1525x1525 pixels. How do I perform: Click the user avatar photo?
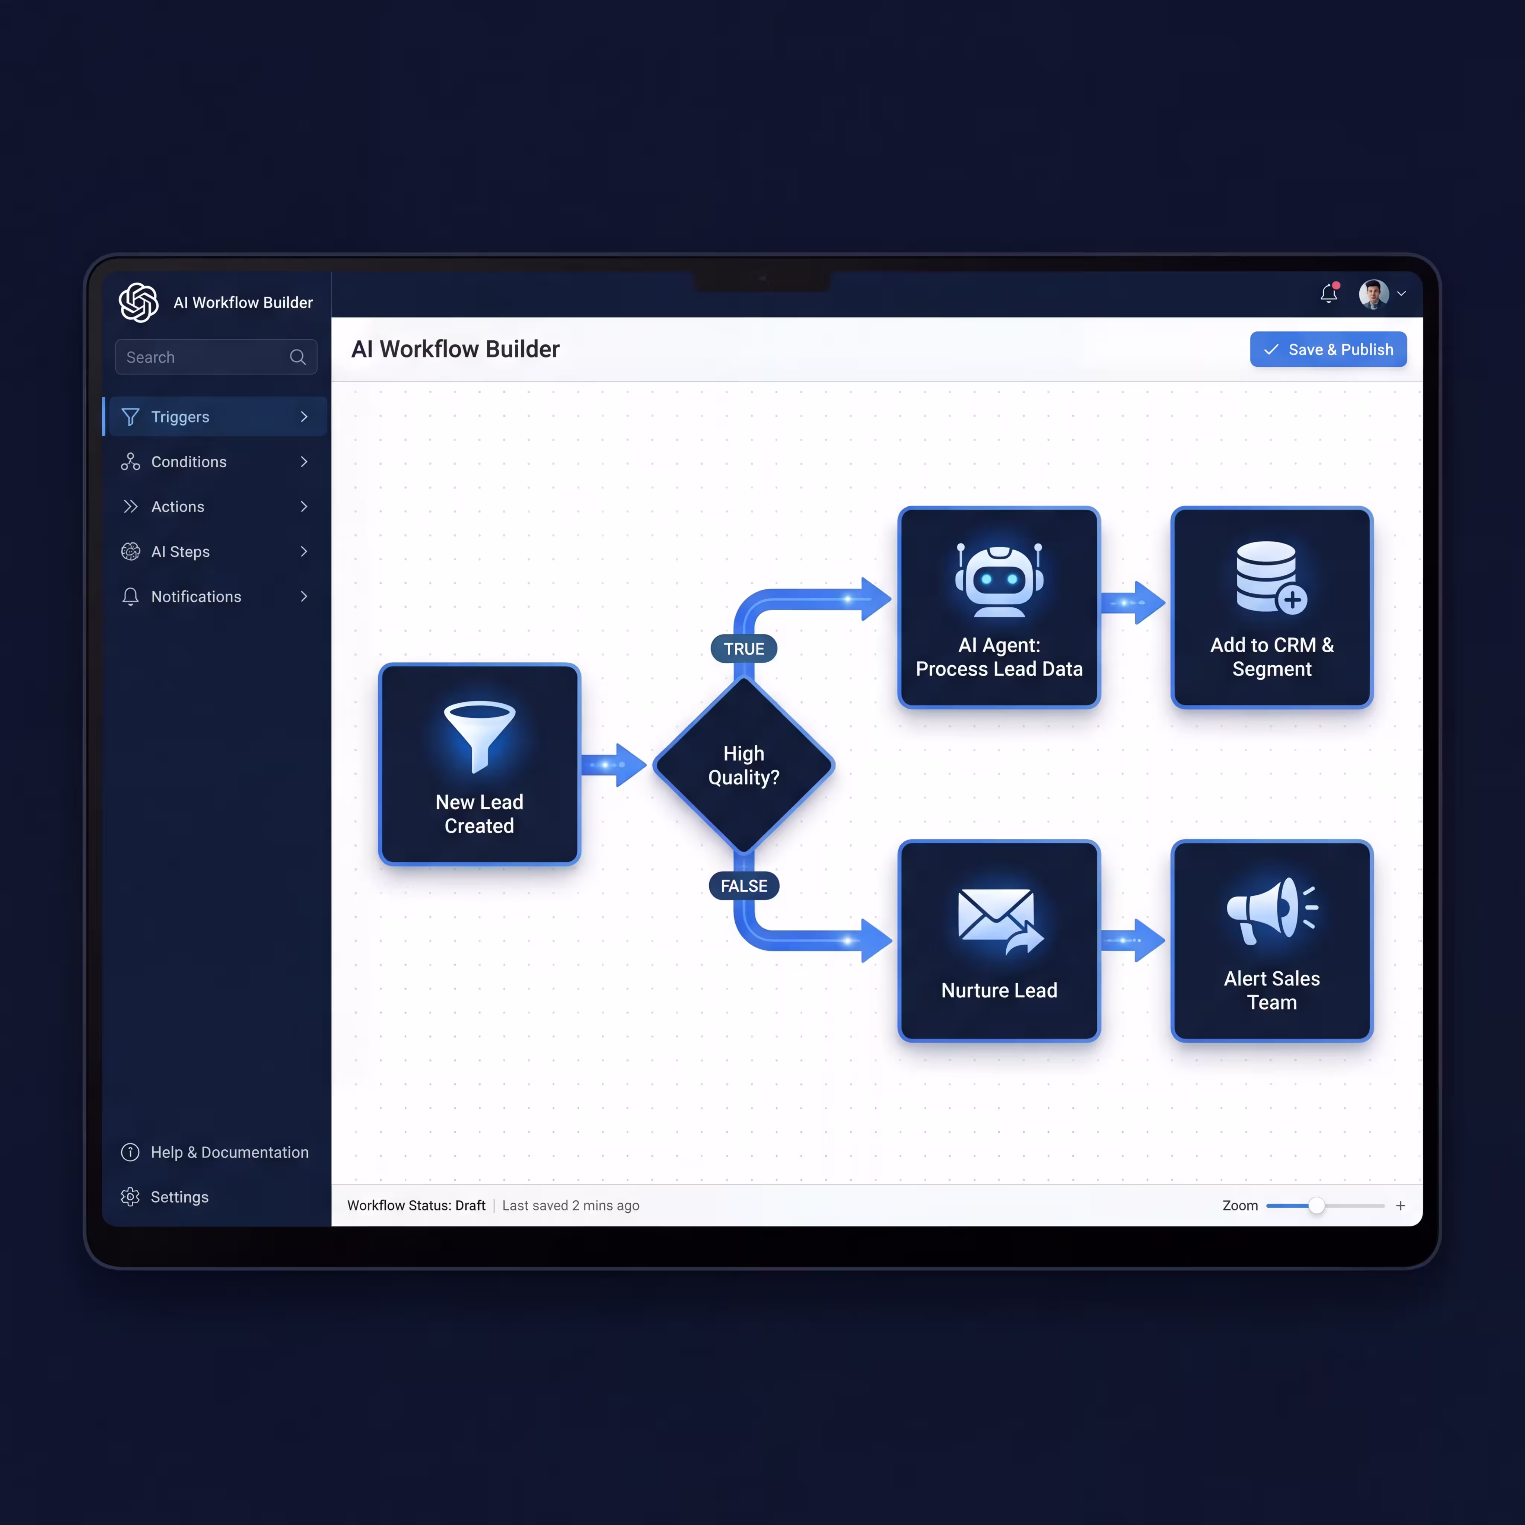[1373, 294]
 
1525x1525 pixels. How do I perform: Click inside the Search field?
[205, 357]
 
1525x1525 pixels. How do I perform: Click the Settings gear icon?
[130, 1197]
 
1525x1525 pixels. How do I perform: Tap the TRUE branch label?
[744, 649]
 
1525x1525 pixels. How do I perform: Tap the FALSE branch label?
[744, 886]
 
